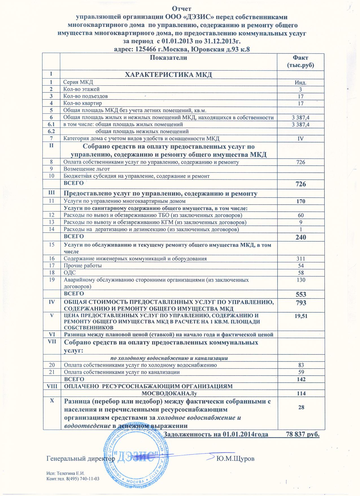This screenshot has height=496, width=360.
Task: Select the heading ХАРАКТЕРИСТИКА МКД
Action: pyautogui.click(x=169, y=75)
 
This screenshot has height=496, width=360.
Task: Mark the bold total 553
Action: pyautogui.click(x=301, y=294)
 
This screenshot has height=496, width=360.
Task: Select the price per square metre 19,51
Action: pyautogui.click(x=301, y=316)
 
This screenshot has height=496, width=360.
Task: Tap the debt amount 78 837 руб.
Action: pyautogui.click(x=303, y=434)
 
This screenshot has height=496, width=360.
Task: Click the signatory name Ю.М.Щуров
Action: pyautogui.click(x=235, y=459)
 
